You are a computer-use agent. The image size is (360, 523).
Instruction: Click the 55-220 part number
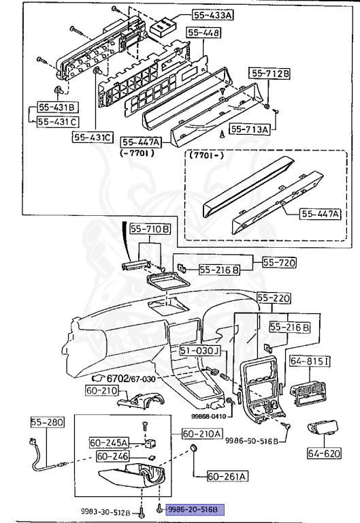274,298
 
